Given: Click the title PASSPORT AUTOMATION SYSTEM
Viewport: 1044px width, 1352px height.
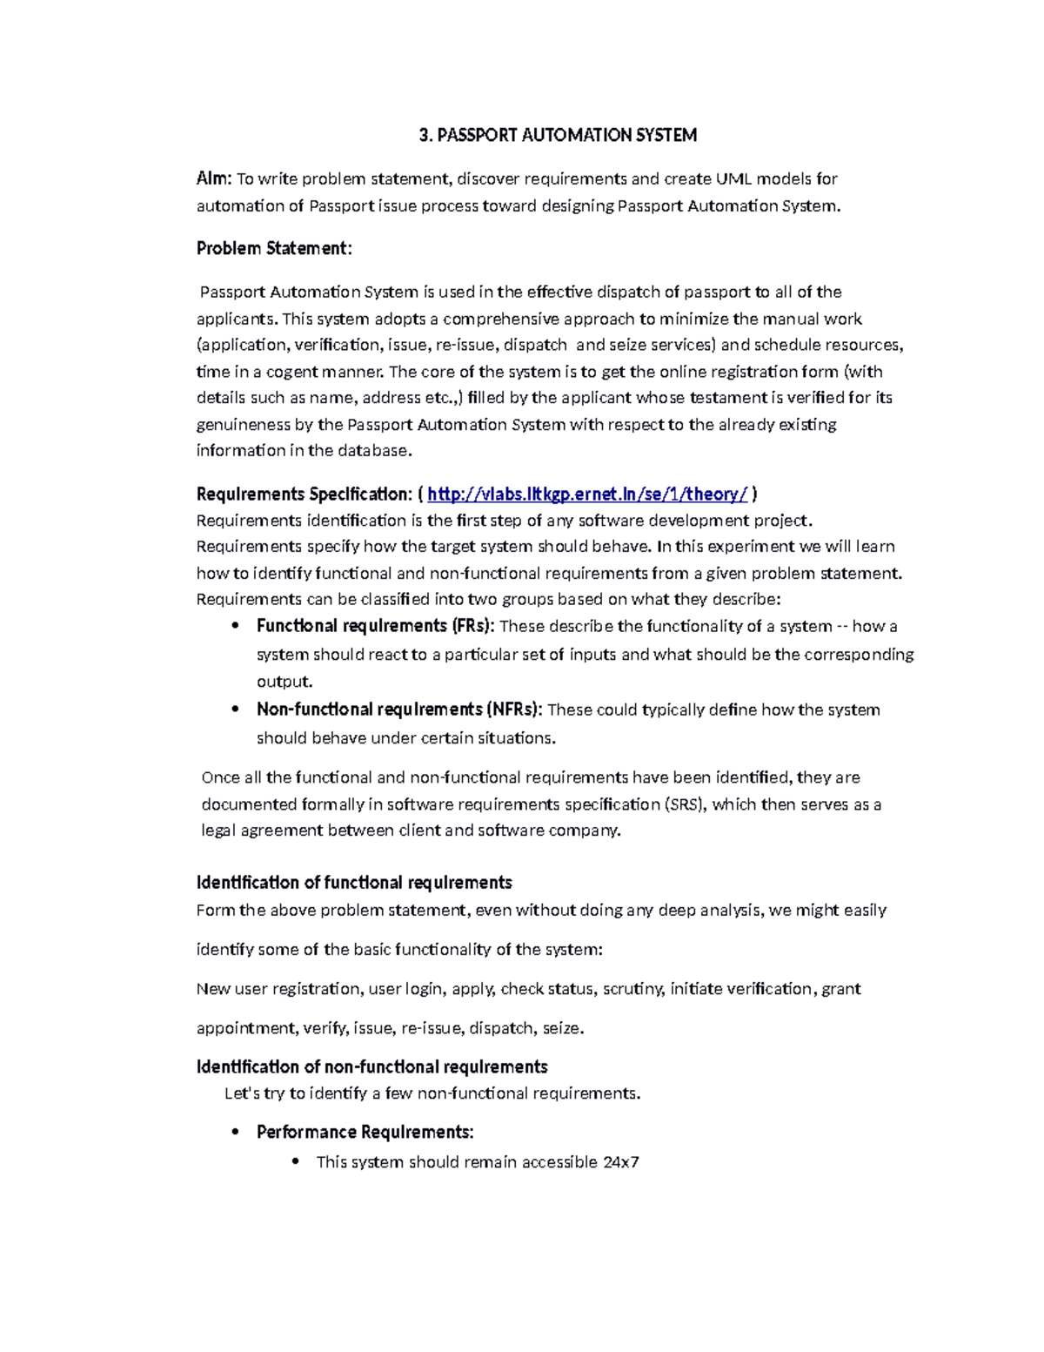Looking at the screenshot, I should [558, 135].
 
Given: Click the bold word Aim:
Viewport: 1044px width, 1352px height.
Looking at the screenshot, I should [213, 178].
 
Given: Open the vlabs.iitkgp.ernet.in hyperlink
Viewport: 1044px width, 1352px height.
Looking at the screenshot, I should [587, 494].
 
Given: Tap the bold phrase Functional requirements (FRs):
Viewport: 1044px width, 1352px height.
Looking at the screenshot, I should [376, 626].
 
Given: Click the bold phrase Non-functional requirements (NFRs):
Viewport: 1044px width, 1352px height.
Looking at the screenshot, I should [399, 710].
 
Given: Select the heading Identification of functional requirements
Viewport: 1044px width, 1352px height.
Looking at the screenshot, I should [354, 883].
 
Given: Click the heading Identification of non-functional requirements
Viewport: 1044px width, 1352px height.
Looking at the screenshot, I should [371, 1067].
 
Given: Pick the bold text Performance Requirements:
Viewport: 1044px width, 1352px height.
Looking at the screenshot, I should [365, 1133].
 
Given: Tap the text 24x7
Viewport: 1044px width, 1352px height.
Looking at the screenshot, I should [620, 1162].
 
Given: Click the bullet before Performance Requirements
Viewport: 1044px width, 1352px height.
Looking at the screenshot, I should [235, 1133].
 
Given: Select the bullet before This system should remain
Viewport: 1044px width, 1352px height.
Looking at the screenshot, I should [296, 1161].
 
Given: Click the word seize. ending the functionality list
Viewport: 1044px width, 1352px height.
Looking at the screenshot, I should [563, 1028].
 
